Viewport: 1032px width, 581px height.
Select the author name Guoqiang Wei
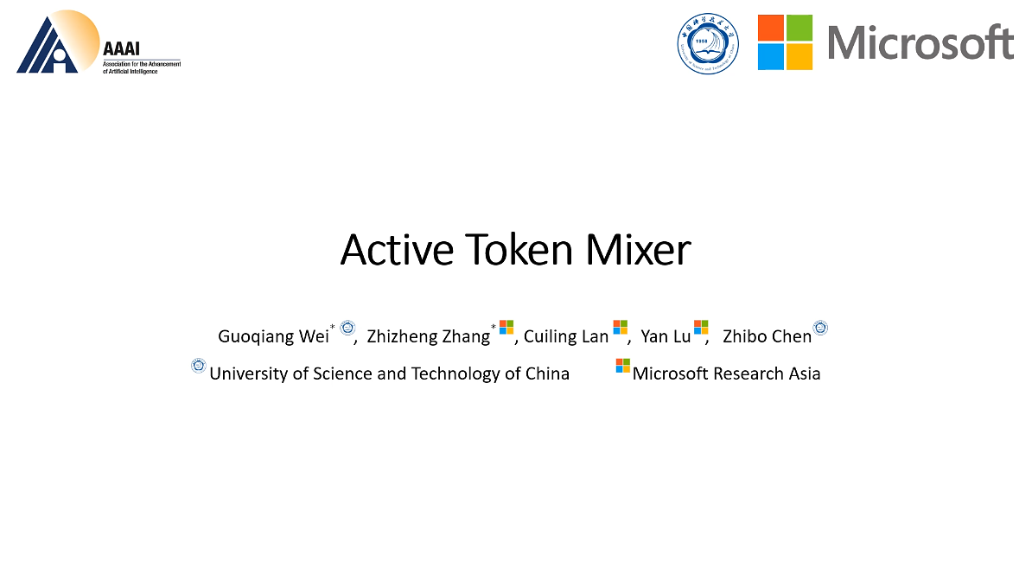pyautogui.click(x=273, y=336)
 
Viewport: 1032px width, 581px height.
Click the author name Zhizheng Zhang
pyautogui.click(x=428, y=336)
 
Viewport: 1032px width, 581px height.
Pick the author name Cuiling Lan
pyautogui.click(x=566, y=336)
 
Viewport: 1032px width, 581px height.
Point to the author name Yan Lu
pyautogui.click(x=666, y=336)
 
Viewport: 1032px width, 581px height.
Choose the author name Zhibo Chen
pyautogui.click(x=767, y=336)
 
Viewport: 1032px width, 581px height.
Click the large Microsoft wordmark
pyautogui.click(x=921, y=42)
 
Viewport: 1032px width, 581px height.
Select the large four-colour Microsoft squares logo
pyautogui.click(x=785, y=42)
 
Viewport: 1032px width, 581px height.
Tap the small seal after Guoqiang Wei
pyautogui.click(x=347, y=328)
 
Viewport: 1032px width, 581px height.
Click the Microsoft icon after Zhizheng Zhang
pyautogui.click(x=506, y=327)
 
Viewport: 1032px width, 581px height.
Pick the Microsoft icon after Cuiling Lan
pyautogui.click(x=620, y=327)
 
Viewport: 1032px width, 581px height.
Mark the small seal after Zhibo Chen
pyautogui.click(x=820, y=328)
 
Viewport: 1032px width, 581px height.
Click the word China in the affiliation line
pyautogui.click(x=547, y=373)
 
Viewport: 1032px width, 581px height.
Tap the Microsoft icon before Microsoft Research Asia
pyautogui.click(x=622, y=366)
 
